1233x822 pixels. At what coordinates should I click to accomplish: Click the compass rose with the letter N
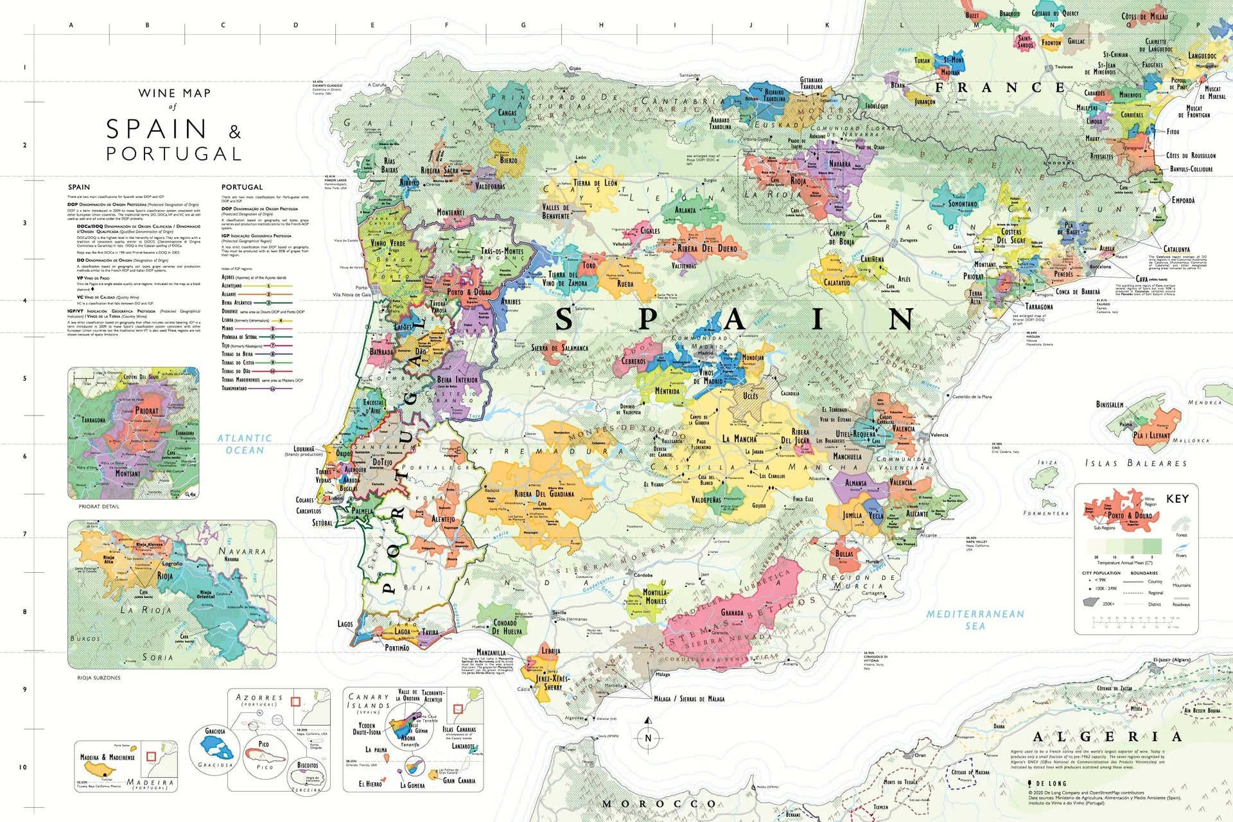[x=648, y=738]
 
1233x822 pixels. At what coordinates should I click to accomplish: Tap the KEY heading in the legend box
[x=1177, y=499]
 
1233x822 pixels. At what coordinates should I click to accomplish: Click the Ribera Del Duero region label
[x=707, y=249]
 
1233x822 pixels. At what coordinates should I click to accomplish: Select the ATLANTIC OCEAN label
[x=245, y=444]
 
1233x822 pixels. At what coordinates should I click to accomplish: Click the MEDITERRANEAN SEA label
[x=975, y=619]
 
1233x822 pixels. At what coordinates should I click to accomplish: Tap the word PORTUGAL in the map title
[x=173, y=154]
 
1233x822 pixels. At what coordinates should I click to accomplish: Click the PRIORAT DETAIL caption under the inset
[x=99, y=507]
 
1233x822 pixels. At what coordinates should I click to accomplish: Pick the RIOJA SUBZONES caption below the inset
[x=98, y=678]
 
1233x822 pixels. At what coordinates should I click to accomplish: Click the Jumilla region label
[x=853, y=515]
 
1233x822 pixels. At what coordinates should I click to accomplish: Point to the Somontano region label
[x=963, y=204]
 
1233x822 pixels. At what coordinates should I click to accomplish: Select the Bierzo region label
[x=509, y=160]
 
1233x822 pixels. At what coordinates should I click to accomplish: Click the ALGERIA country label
[x=1107, y=737]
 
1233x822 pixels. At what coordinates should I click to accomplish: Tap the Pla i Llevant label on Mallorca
[x=1151, y=435]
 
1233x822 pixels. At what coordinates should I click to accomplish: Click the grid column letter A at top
[x=71, y=26]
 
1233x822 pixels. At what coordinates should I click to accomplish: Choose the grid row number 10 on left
[x=23, y=767]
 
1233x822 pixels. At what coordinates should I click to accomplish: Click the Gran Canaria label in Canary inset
[x=459, y=781]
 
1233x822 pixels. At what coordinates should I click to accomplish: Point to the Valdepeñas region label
[x=706, y=500]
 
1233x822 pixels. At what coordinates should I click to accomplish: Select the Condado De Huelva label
[x=508, y=627]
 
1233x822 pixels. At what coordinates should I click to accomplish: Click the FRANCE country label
[x=1000, y=88]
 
